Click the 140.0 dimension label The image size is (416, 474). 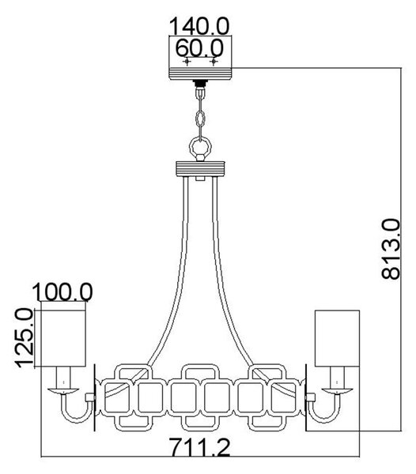(x=199, y=26)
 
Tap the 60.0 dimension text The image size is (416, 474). (x=199, y=47)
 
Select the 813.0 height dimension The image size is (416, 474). (x=391, y=249)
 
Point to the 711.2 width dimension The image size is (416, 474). (x=199, y=447)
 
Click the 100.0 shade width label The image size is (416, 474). (x=62, y=292)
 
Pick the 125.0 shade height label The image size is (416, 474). (x=24, y=338)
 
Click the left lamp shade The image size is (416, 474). (x=63, y=339)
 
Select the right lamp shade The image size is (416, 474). (x=337, y=339)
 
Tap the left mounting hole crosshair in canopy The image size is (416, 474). (x=187, y=62)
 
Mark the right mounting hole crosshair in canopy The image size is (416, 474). (x=214, y=62)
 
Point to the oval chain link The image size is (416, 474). (x=200, y=119)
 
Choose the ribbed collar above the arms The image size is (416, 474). (x=200, y=169)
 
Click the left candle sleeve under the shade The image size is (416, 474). (x=63, y=378)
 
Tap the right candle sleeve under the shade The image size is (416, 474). (x=337, y=378)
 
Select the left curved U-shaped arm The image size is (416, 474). (x=76, y=421)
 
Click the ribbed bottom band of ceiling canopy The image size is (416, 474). (x=200, y=74)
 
